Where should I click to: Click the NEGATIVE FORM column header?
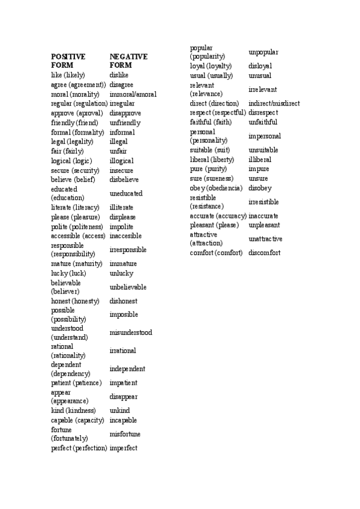click(128, 61)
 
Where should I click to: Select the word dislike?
click(121, 76)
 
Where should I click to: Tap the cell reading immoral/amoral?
click(133, 95)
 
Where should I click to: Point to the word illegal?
click(119, 142)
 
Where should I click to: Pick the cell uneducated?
click(126, 193)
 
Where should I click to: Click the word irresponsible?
click(128, 250)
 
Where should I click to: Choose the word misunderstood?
click(131, 333)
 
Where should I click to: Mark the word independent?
click(127, 369)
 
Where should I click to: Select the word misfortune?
click(125, 434)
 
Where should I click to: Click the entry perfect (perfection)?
click(79, 448)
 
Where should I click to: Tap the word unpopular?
click(263, 52)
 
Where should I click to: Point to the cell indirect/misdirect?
click(274, 103)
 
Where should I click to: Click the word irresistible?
click(263, 202)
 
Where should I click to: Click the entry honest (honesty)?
click(75, 301)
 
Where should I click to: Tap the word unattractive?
click(265, 239)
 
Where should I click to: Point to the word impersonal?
click(265, 136)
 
